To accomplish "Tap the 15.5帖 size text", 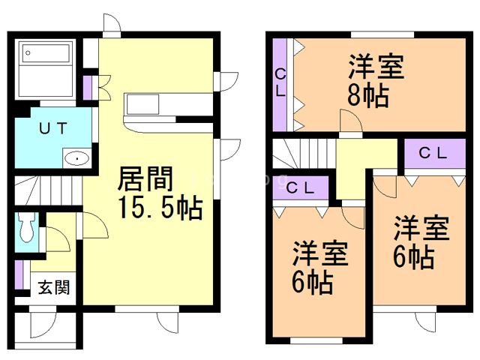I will coord(159,208).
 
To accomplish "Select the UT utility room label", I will coord(53,128).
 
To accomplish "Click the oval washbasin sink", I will coord(76,159).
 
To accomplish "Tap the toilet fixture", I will coord(28,226).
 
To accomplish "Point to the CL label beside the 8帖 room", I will coord(280,82).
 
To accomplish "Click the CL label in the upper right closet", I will coord(433,154).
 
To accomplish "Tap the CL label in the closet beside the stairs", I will coord(300,187).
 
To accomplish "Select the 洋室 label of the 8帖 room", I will coord(376,67).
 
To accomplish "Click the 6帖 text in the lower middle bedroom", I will coord(313,283).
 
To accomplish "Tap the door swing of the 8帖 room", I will coord(349,121).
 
